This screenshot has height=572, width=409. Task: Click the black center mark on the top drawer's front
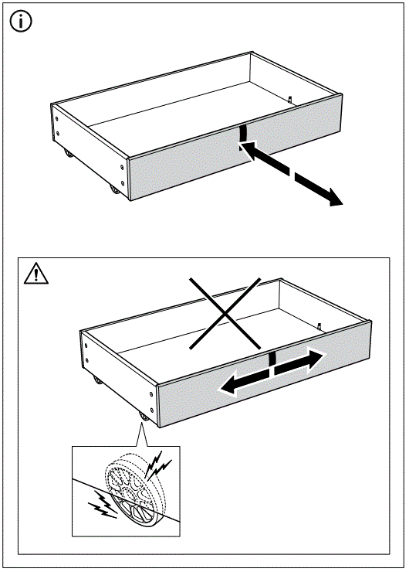[242, 133]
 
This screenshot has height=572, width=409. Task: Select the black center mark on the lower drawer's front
[271, 359]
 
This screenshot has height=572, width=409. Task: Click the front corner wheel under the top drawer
[117, 189]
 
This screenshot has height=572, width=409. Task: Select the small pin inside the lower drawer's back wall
[318, 325]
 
